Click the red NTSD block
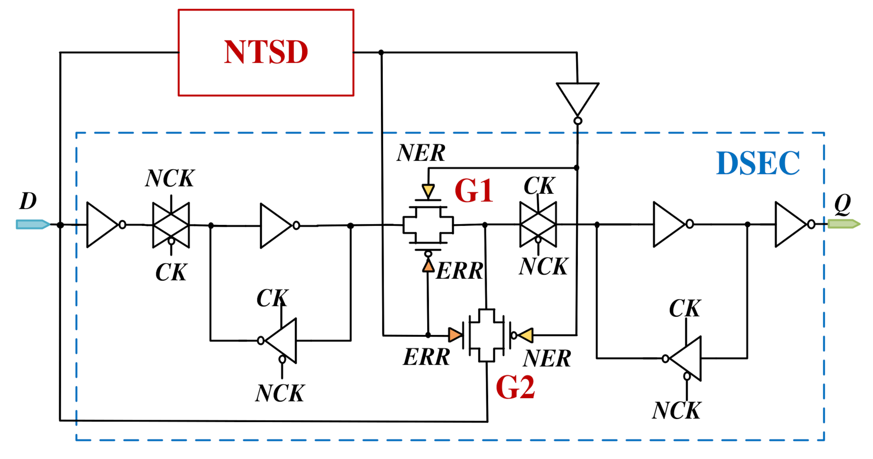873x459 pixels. pyautogui.click(x=266, y=52)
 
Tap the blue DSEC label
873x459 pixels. pyautogui.click(x=758, y=164)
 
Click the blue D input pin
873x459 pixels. pyautogui.click(x=33, y=224)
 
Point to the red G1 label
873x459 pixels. pyautogui.click(x=474, y=191)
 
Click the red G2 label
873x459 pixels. pyautogui.click(x=515, y=388)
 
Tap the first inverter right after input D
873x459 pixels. pyautogui.click(x=103, y=225)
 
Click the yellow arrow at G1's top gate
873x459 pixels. pyautogui.click(x=428, y=191)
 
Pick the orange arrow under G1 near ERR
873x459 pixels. pyautogui.click(x=428, y=266)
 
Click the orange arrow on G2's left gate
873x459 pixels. pyautogui.click(x=455, y=335)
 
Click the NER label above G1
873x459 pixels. pyautogui.click(x=421, y=153)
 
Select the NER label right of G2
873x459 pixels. pyautogui.click(x=547, y=358)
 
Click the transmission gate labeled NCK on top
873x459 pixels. pyautogui.click(x=171, y=225)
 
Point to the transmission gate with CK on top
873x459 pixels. pyautogui.click(x=538, y=224)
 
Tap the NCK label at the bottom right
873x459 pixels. pyautogui.click(x=676, y=411)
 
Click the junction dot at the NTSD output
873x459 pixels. pyautogui.click(x=381, y=53)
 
